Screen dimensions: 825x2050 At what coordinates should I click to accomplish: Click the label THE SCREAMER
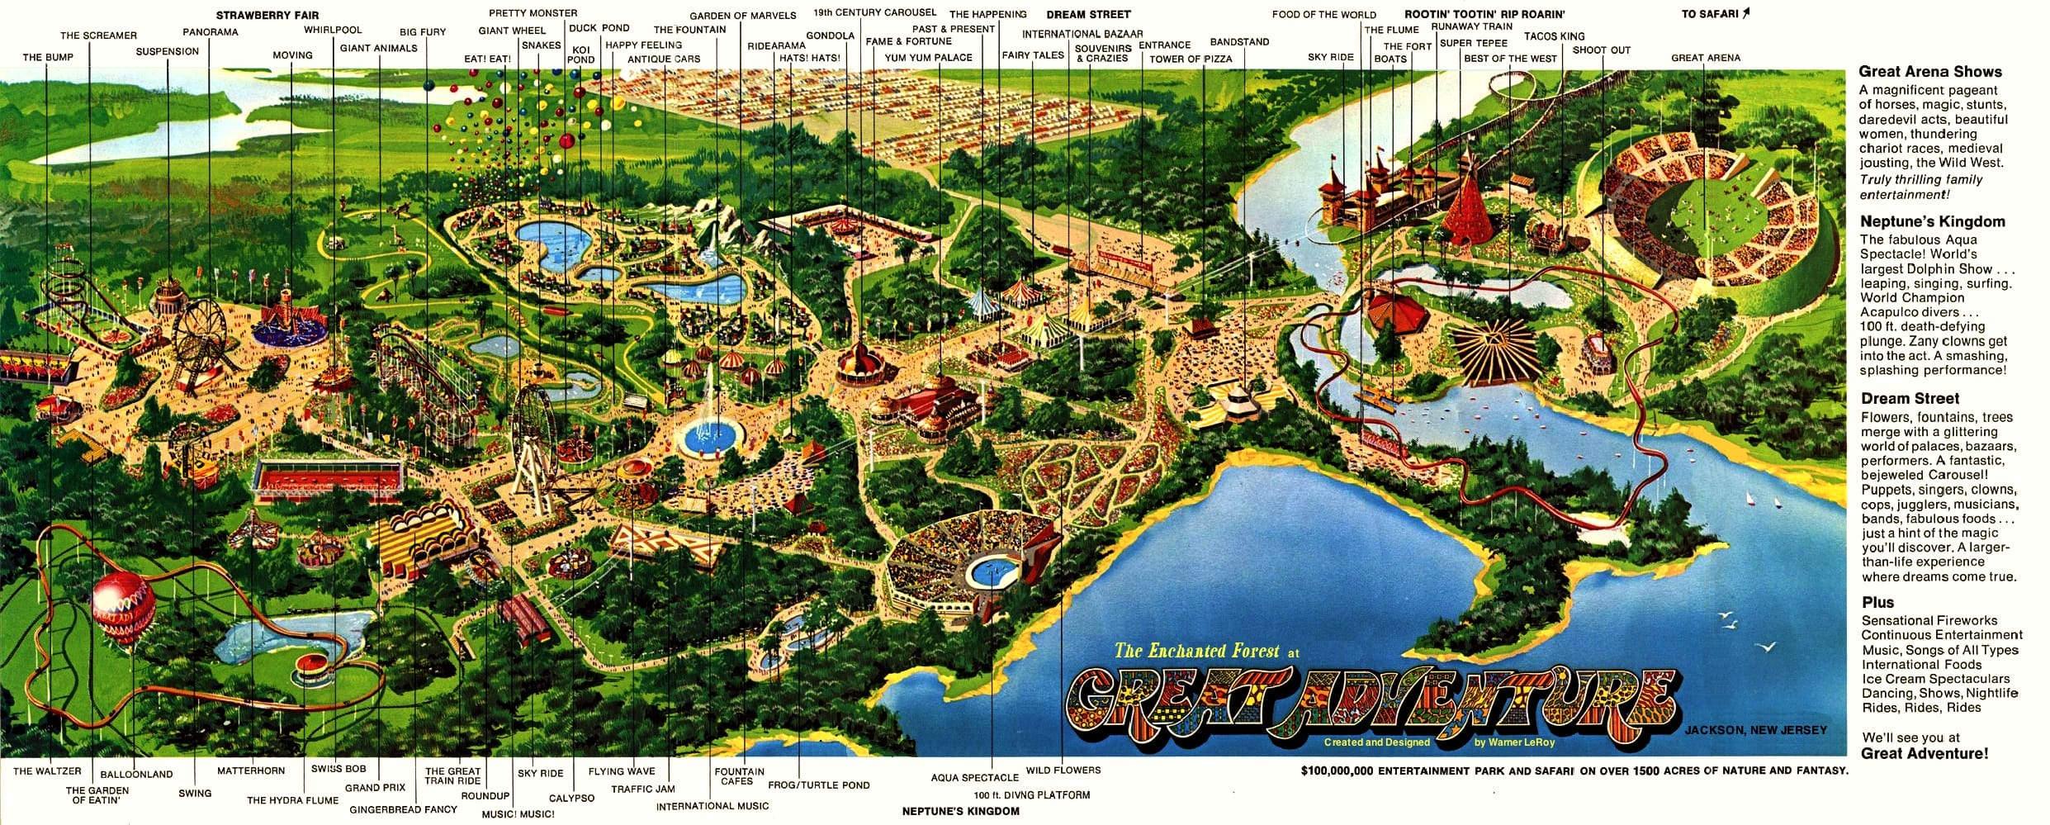pos(98,36)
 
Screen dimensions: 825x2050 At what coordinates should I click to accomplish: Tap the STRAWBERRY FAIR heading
pos(267,15)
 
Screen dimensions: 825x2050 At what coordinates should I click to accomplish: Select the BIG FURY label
pos(422,32)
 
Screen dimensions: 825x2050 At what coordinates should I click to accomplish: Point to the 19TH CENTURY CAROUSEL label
pos(874,12)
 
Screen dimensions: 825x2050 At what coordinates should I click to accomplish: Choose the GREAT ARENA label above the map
pos(1705,58)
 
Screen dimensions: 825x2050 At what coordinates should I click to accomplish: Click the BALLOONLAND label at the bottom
pos(136,774)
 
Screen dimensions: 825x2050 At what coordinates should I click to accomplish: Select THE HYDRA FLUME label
pos(292,799)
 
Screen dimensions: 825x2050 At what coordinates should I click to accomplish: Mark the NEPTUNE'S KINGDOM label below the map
pos(960,811)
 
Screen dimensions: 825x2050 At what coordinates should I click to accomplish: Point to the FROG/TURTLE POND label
pos(818,785)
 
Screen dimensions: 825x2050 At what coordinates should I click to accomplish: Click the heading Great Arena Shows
pos(1929,72)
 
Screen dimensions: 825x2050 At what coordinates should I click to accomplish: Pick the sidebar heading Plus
pos(1877,602)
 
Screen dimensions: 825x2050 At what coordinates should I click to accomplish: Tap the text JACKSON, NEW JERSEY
pos(1755,730)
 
